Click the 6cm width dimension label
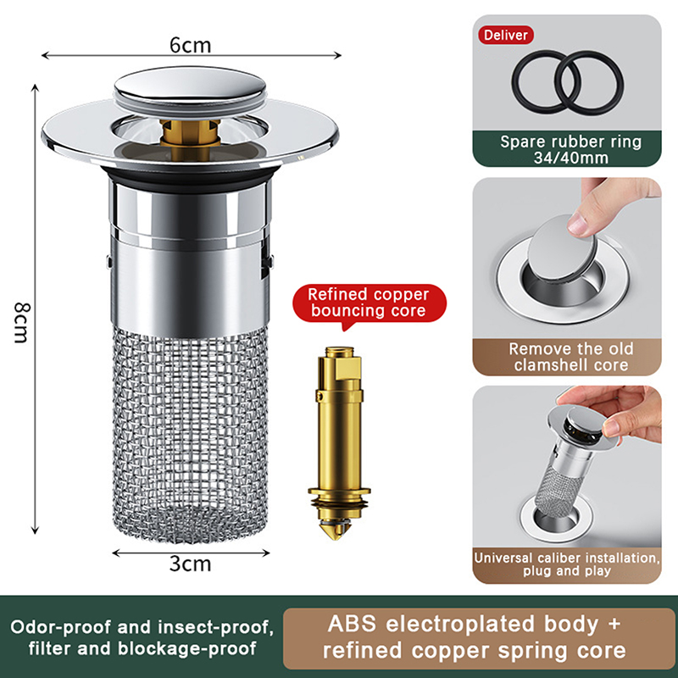[x=190, y=46]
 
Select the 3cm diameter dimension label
[x=190, y=564]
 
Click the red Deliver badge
[x=505, y=35]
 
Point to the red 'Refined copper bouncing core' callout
[x=369, y=303]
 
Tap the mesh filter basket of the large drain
[x=190, y=434]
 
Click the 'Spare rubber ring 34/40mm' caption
[x=570, y=150]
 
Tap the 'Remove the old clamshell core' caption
[x=570, y=357]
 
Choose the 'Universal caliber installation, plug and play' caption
[x=567, y=564]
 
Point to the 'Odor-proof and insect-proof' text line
[x=142, y=627]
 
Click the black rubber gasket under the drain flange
[x=190, y=177]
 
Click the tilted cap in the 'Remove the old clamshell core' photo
[x=562, y=248]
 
